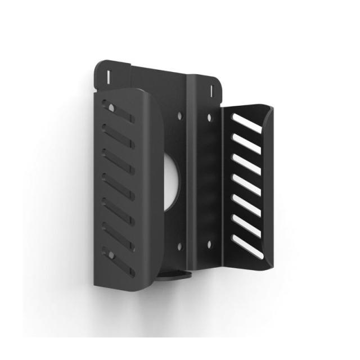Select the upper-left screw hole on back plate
[179, 115]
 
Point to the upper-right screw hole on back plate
[209, 117]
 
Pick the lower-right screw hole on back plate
[209, 244]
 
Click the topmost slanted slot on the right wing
[245, 125]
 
